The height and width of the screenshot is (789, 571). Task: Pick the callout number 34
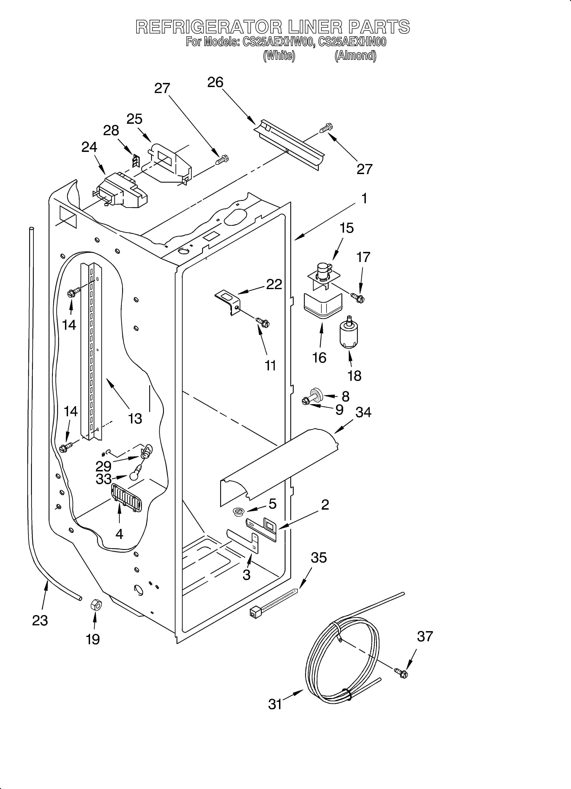[363, 412]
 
